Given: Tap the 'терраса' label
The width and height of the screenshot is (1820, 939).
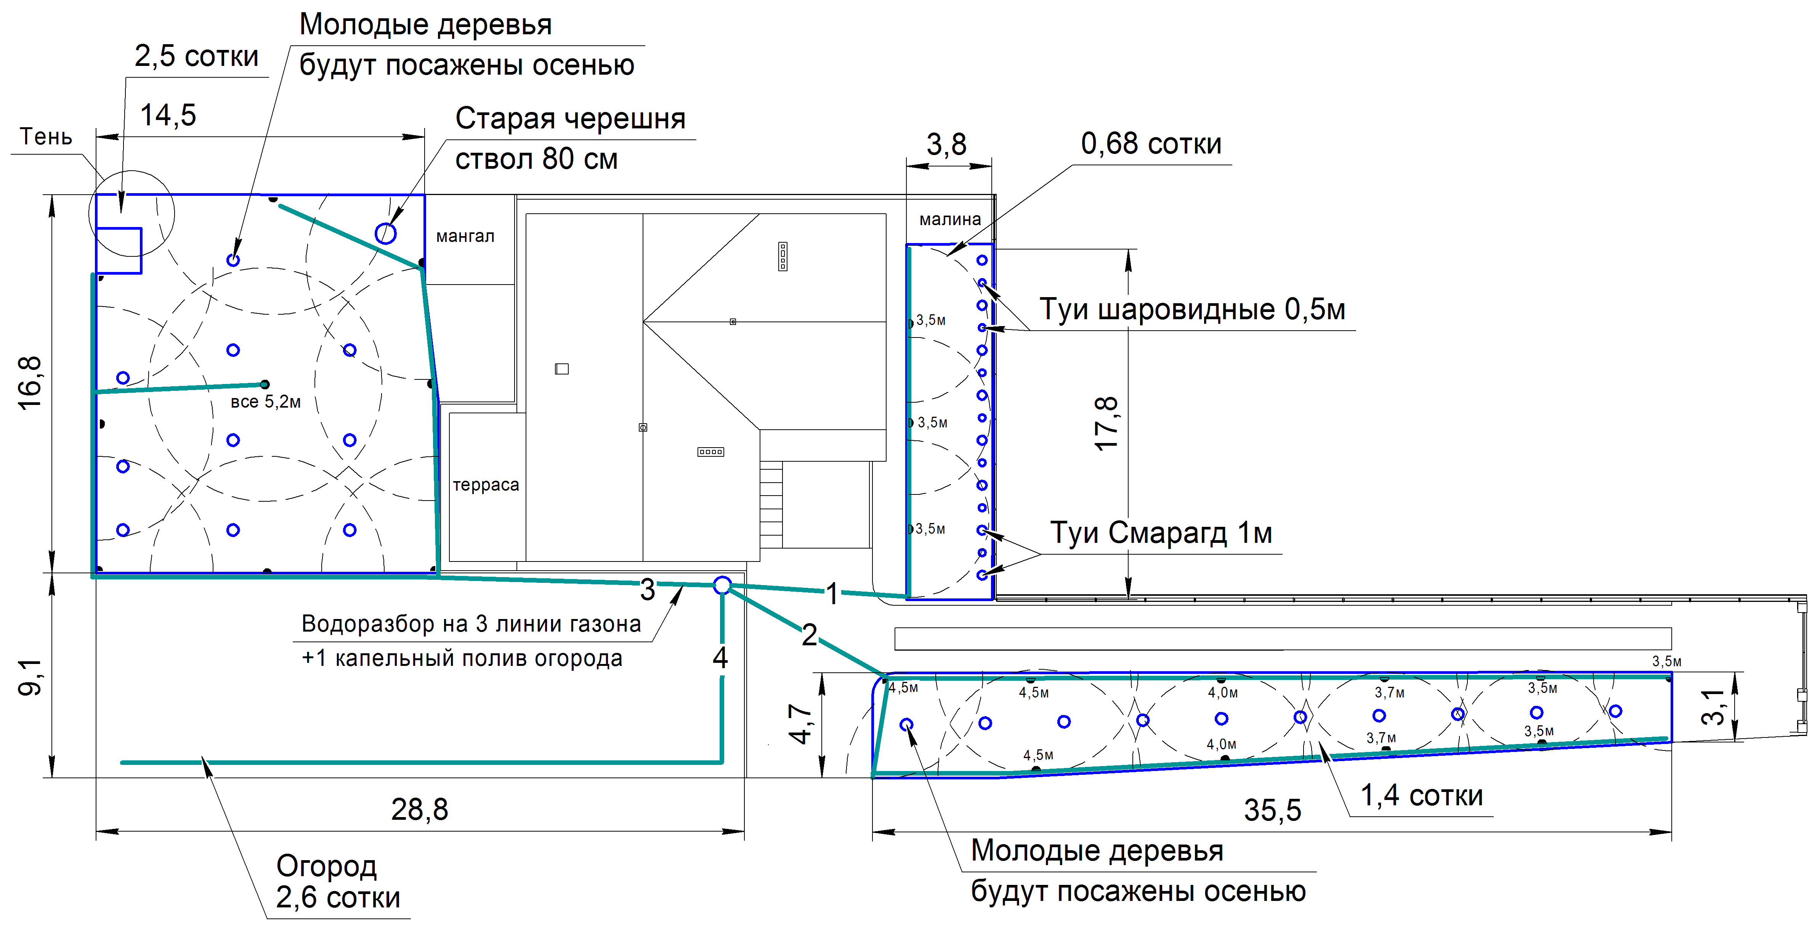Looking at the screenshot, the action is tap(486, 485).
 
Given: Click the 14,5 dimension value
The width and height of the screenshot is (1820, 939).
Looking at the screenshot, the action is tap(168, 115).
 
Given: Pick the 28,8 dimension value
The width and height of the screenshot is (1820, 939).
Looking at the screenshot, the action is tap(420, 809).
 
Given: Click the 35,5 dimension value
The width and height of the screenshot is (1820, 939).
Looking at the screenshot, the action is tap(1272, 810).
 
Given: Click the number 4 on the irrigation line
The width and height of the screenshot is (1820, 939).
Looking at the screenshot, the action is tap(720, 658).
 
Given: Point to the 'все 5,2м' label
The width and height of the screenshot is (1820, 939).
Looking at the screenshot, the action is tap(266, 402).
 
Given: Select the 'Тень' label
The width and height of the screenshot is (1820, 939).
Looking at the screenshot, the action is tap(46, 136).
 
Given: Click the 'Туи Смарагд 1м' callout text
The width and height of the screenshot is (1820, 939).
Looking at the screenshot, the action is tap(1161, 533).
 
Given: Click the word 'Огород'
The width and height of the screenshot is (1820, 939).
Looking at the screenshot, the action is tap(326, 866).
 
